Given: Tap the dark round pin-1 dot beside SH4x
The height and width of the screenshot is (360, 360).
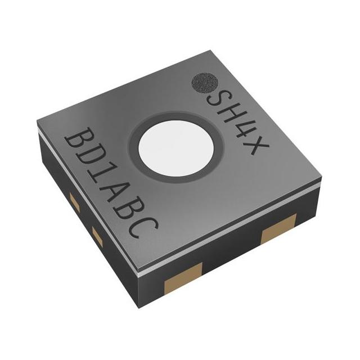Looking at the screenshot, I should [204, 84].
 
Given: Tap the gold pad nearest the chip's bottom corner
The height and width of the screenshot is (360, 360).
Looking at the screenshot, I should [183, 283].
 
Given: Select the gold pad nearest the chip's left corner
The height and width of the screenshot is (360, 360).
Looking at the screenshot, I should [74, 200].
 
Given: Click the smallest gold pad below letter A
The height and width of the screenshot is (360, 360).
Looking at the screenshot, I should [97, 238].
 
